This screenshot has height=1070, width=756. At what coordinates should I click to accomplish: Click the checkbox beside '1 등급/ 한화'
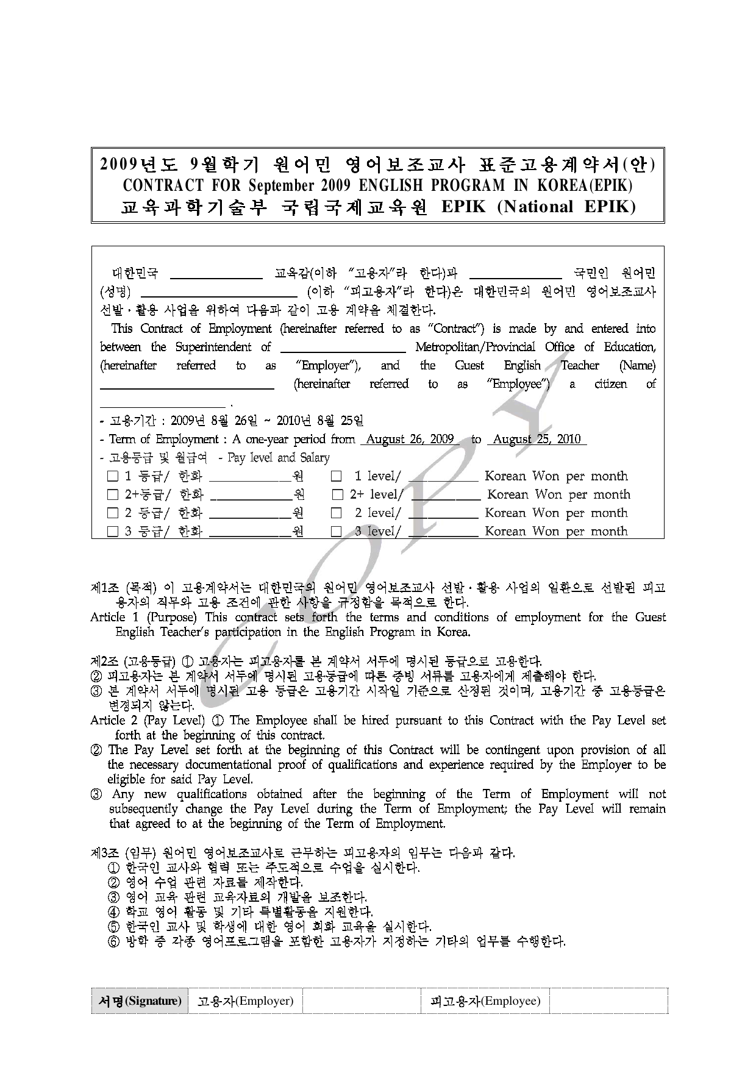pos(113,477)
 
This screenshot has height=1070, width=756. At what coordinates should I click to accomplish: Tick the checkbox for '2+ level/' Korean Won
pos(338,495)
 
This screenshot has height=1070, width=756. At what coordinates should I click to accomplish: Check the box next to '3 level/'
pos(336,532)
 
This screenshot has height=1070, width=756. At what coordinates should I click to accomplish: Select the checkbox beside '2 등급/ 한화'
pos(113,513)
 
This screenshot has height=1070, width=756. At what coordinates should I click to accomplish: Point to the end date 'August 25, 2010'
pos(537,440)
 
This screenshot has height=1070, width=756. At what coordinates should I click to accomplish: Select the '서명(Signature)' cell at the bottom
pos(140,1001)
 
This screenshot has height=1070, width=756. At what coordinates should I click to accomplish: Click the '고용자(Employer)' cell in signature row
pos(245,1001)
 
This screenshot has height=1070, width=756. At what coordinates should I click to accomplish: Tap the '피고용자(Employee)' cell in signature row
pos(485,1001)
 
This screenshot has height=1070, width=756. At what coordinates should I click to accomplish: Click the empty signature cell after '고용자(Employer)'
pos(361,1001)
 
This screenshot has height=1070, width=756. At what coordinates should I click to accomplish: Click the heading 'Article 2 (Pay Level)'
pos(147,721)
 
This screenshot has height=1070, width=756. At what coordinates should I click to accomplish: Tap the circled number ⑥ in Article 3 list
pos(113,942)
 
